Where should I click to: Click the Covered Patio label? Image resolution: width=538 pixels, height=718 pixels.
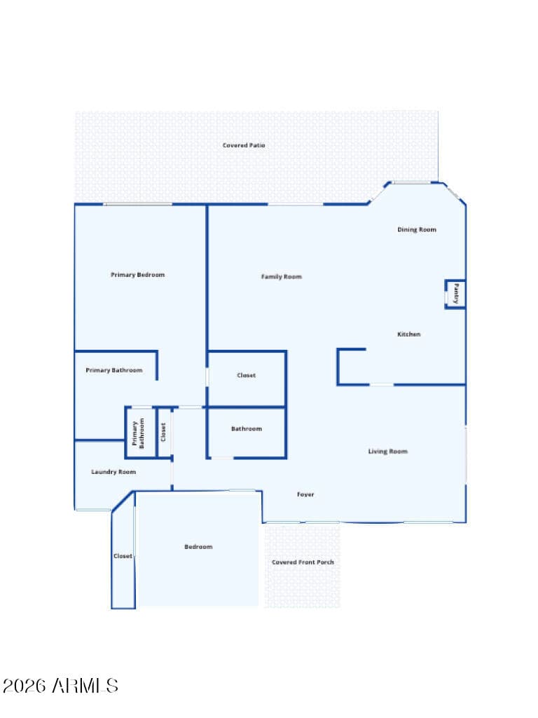point(244,145)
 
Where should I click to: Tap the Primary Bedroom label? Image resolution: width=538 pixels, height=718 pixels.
point(138,275)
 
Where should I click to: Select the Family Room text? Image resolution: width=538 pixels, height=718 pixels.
point(282,276)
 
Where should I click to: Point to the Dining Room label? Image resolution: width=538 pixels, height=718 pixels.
point(417,229)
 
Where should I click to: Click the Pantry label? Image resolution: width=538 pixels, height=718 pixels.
point(456,294)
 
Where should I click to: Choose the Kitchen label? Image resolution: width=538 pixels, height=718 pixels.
point(409,334)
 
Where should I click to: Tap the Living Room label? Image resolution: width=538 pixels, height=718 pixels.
point(388,452)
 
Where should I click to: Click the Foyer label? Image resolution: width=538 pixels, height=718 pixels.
point(305,494)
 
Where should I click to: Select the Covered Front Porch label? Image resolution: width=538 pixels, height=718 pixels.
point(303,562)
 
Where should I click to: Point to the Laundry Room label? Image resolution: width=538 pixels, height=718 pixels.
point(113,472)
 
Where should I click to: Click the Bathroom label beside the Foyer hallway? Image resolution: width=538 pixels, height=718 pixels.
point(247,428)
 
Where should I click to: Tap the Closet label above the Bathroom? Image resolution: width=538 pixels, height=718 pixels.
point(246,375)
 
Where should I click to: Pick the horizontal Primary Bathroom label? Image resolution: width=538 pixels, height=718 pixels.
point(114,370)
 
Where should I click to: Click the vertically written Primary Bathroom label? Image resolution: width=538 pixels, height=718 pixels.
point(138,433)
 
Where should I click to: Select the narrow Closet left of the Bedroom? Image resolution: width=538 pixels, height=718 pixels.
point(123,556)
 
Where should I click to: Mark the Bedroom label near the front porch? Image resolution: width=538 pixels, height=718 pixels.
point(198,547)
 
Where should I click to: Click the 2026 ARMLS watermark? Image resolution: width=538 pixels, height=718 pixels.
point(60,686)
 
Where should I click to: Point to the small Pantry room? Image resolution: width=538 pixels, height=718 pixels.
point(455,294)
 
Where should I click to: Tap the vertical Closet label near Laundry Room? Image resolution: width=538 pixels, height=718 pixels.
point(163,432)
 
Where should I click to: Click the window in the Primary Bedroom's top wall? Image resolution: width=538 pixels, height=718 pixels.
point(138,204)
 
